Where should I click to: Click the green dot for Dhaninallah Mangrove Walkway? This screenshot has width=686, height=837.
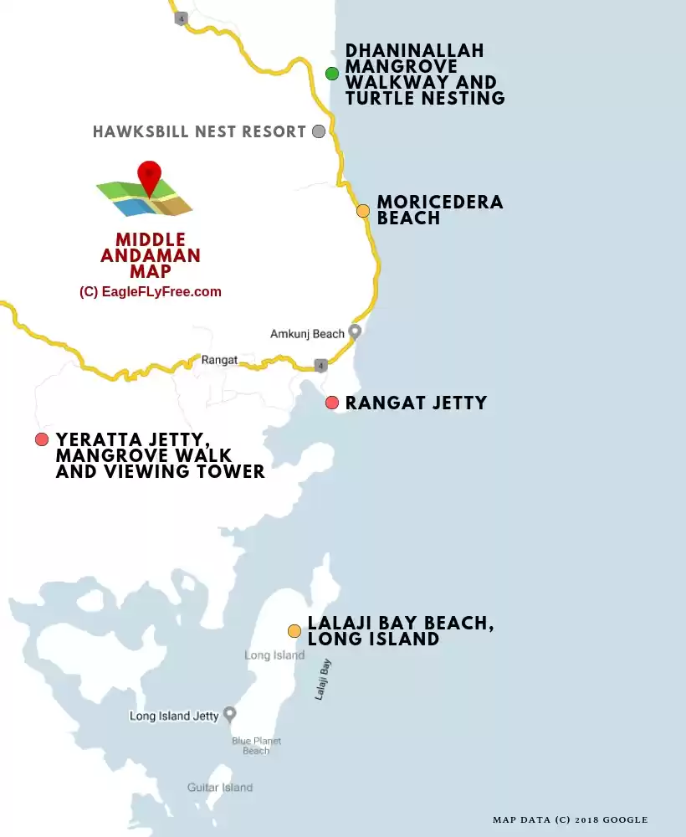332,73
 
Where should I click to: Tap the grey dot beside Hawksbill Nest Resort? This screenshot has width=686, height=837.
319,131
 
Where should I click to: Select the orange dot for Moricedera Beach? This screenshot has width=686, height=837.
363,211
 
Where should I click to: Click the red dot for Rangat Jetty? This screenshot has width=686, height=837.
332,403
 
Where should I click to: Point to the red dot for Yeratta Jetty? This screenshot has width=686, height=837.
42,439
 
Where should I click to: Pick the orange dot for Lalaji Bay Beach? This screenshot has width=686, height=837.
294,631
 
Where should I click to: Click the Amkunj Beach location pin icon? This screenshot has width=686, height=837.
355,331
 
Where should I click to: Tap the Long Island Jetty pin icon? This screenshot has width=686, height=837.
229,715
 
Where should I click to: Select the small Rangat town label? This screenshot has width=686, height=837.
219,361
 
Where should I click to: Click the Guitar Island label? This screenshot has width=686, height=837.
219,787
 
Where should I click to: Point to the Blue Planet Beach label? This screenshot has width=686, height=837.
256,746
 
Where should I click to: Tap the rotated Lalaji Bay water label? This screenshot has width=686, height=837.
323,679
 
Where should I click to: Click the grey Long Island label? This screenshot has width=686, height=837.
274,655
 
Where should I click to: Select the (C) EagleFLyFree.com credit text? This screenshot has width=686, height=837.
151,292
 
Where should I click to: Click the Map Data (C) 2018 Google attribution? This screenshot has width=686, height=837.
570,819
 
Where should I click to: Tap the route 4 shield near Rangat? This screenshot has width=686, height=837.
320,366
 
